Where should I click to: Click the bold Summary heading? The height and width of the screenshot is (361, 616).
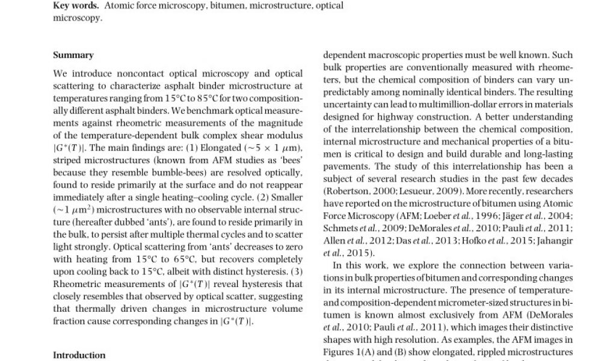[73, 55]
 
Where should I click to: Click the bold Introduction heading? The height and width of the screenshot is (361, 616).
[79, 355]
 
